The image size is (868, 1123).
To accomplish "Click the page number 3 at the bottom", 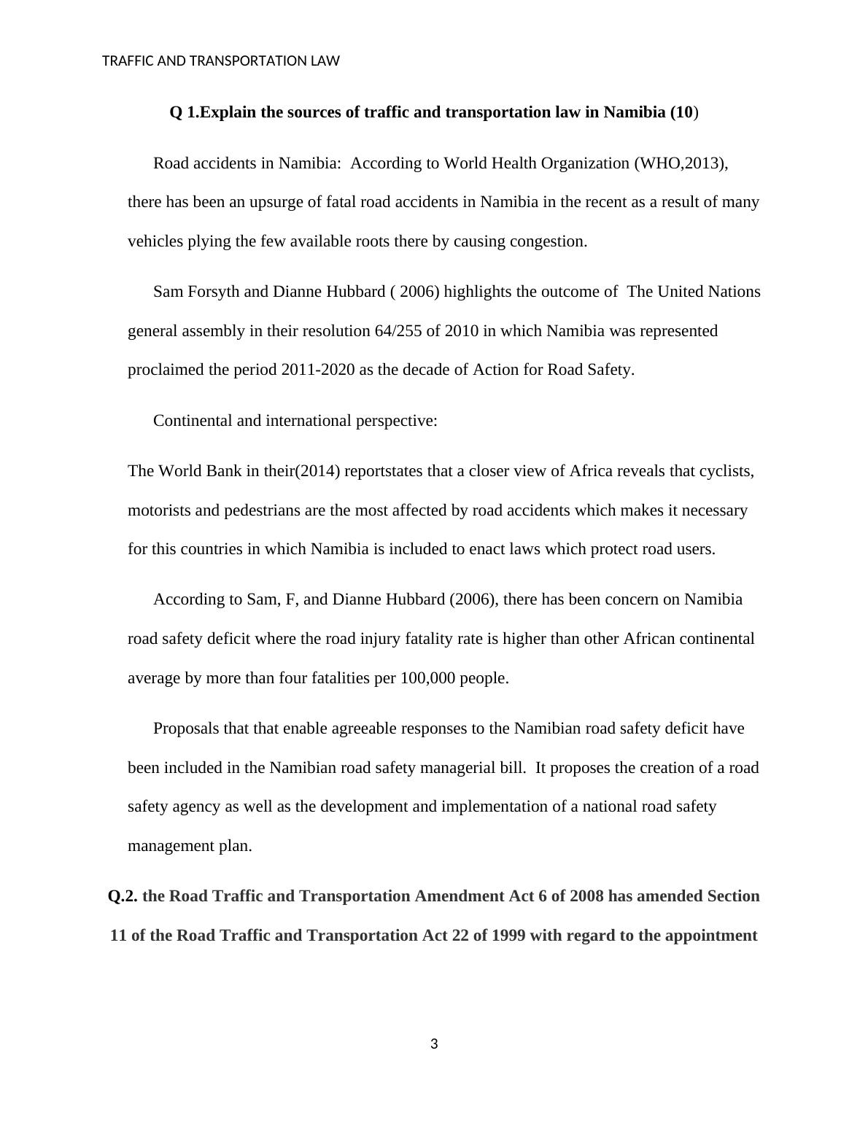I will coord(434,1044).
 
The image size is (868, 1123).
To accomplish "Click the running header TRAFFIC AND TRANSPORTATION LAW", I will coord(221,61).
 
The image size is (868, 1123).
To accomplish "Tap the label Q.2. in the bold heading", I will coord(123,896).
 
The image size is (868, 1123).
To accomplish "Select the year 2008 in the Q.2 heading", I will coord(586,896).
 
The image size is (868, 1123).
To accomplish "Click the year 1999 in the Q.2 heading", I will coord(508,936).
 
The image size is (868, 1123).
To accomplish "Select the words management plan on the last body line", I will coord(190,846).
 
